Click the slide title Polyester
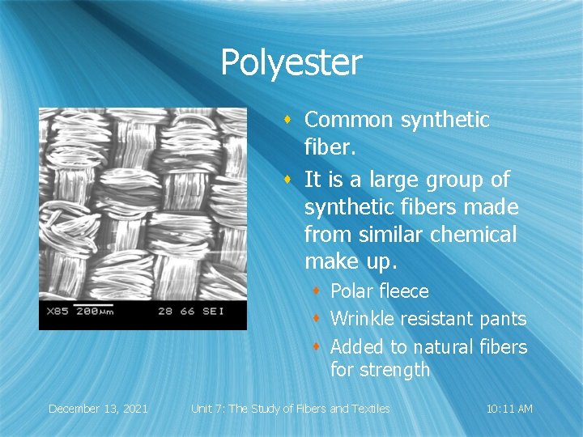291,63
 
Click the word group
455,179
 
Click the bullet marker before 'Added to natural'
317,346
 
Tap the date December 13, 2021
98,409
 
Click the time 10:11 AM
509,409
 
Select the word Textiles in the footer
368,409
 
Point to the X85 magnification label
57,312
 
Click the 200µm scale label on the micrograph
96,312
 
